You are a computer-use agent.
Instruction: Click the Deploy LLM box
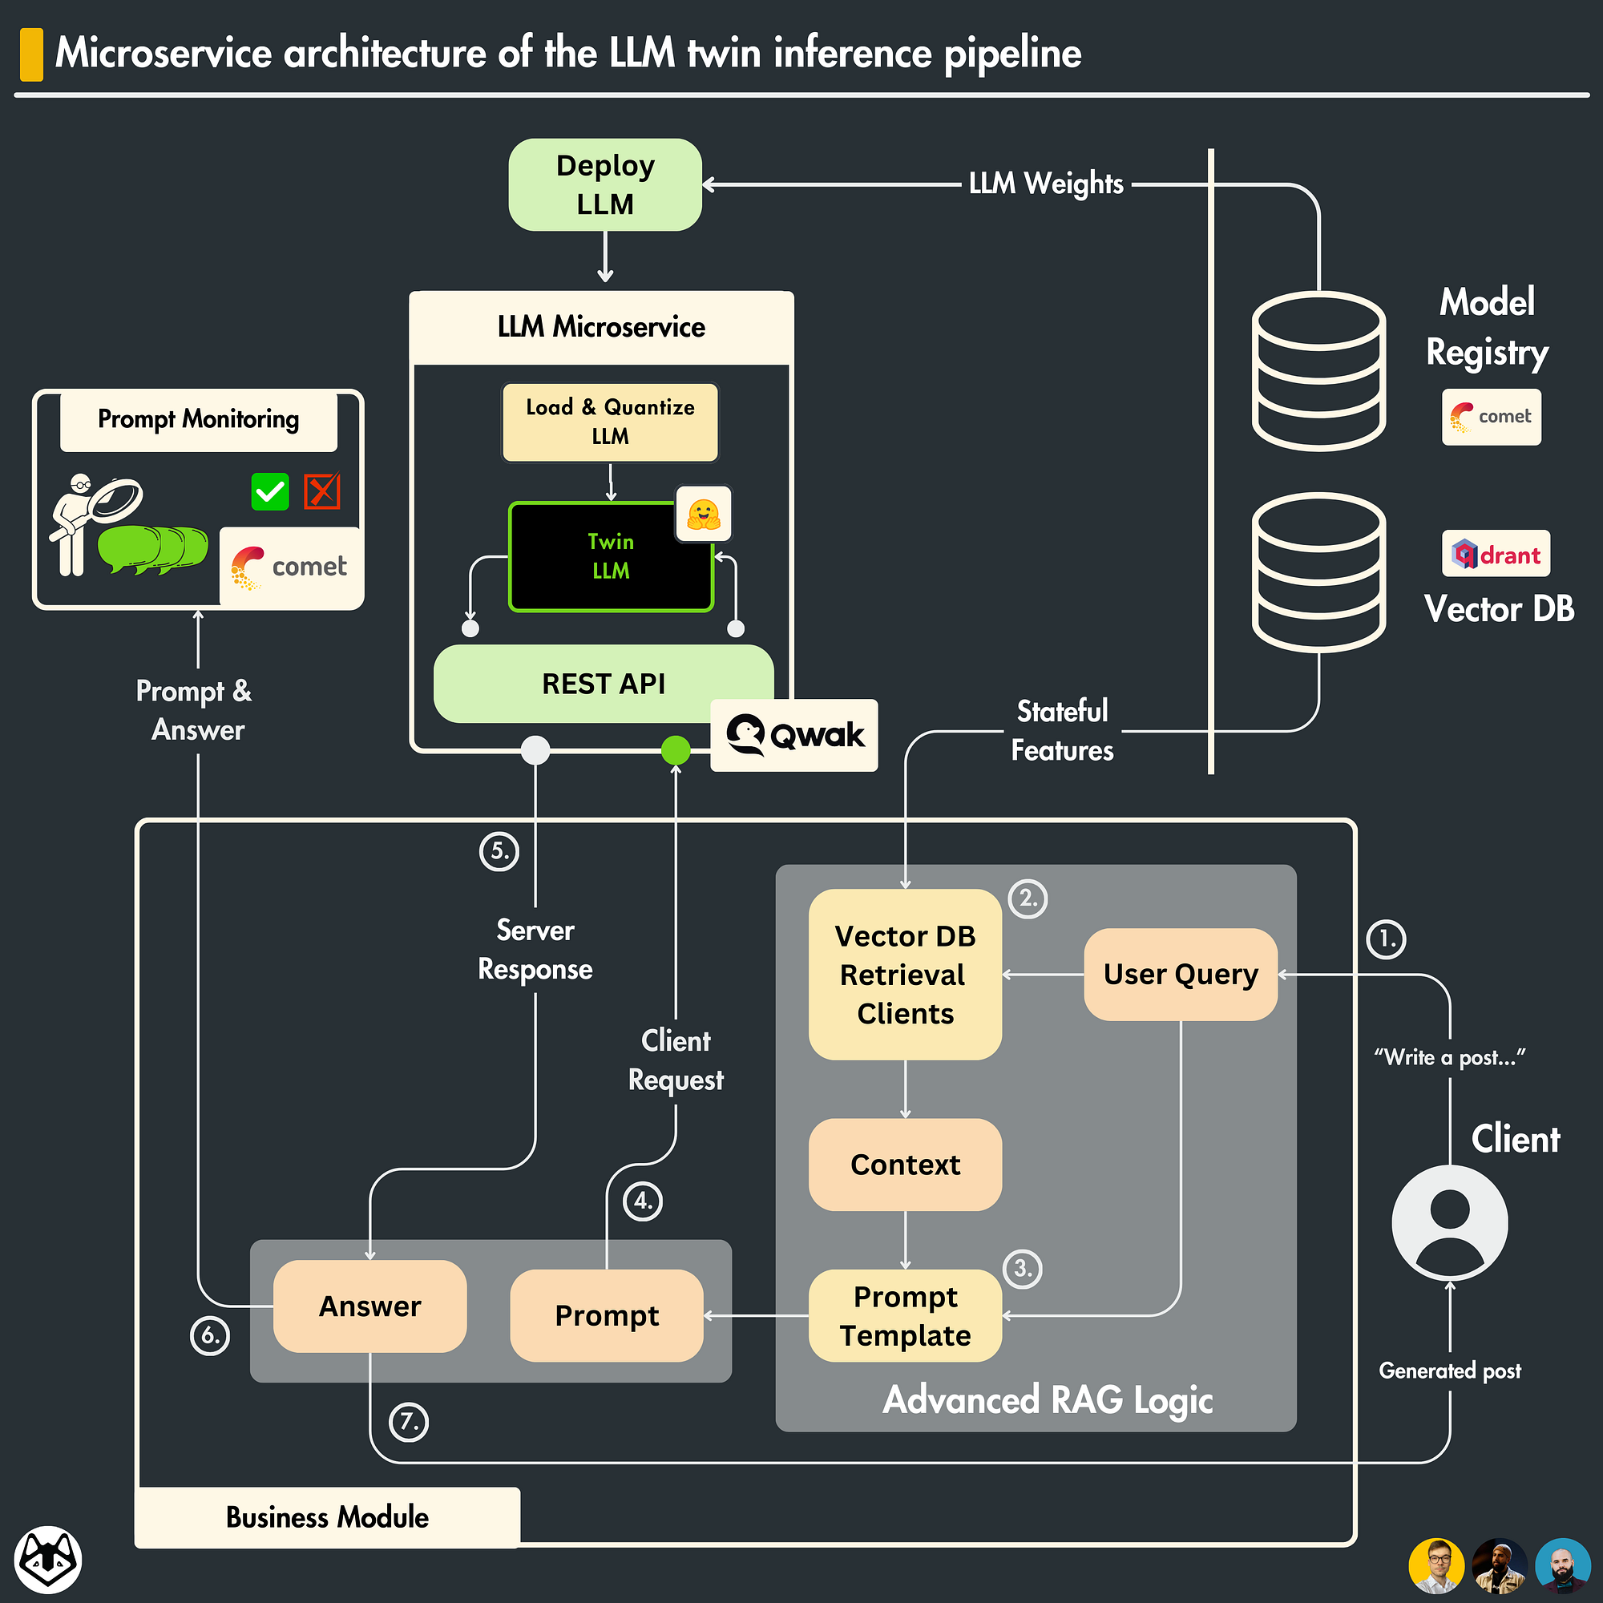[605, 184]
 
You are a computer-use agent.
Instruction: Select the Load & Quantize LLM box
[610, 422]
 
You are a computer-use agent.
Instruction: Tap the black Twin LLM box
[610, 557]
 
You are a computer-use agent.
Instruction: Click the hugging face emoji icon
[703, 515]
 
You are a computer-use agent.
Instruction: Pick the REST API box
[604, 684]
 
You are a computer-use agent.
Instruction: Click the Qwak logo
[794, 735]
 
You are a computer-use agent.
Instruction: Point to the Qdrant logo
[1495, 553]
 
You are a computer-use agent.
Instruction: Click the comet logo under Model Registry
[1491, 417]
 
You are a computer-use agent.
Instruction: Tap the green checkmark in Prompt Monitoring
[269, 491]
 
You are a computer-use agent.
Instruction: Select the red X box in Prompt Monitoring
[322, 491]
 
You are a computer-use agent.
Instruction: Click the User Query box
[1180, 974]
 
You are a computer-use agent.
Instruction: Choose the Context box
[904, 1164]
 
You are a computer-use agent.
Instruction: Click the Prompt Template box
[904, 1315]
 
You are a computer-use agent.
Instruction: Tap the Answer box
[370, 1306]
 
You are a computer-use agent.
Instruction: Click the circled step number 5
[499, 851]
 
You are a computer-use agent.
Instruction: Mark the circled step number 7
[409, 1422]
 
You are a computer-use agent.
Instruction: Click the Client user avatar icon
[1449, 1223]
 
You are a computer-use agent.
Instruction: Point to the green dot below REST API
[676, 750]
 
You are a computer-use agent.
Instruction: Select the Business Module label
[327, 1517]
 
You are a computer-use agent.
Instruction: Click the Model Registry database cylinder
[1318, 371]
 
